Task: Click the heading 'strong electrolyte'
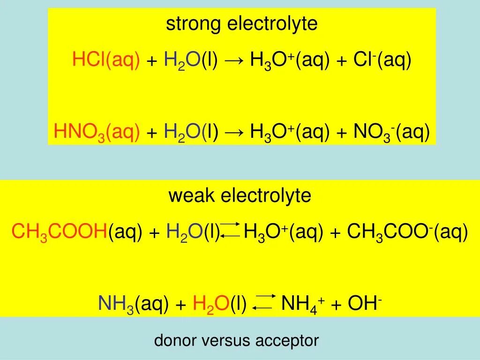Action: click(241, 24)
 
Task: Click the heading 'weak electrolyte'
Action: click(240, 195)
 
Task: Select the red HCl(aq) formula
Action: click(106, 60)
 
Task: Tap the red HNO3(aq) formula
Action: click(97, 133)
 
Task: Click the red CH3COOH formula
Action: click(60, 232)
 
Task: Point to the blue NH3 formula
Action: click(116, 304)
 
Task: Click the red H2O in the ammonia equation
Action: click(210, 304)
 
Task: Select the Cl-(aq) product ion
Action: click(382, 60)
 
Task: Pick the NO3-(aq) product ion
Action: click(391, 133)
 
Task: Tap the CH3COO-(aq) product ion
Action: click(407, 232)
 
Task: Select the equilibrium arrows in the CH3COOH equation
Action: click(231, 230)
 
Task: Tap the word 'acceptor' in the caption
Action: click(287, 341)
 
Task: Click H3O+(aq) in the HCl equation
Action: click(290, 60)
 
